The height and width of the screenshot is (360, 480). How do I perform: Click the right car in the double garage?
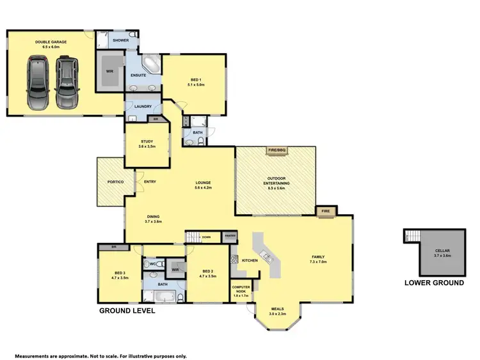[x=66, y=84]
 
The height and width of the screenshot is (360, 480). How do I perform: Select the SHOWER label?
[x=120, y=40]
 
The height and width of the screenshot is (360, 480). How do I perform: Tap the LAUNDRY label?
[x=142, y=107]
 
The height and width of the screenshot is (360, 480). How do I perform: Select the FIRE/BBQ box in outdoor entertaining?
[x=276, y=151]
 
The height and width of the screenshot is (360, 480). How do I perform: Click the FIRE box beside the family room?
[x=325, y=210]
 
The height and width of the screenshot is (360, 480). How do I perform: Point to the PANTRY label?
[x=230, y=236]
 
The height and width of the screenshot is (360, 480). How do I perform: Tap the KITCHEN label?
[x=249, y=261]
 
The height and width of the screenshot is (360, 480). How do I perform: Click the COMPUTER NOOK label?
[x=241, y=290]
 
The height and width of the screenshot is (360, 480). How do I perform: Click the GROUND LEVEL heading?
[x=126, y=311]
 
